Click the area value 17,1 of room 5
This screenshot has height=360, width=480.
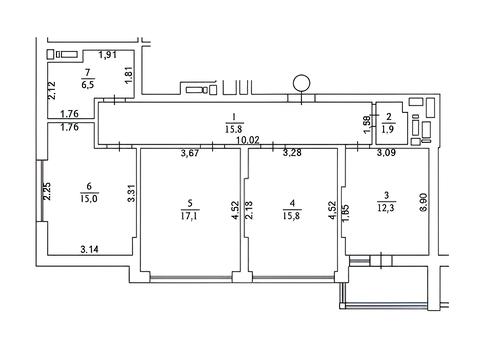pyautogui.click(x=189, y=216)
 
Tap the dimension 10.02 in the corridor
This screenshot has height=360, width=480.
pyautogui.click(x=247, y=140)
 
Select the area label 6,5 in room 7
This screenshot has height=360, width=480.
pyautogui.click(x=88, y=84)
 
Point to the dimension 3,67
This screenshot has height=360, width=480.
pyautogui.click(x=190, y=153)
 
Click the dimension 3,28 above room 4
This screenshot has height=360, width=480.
pyautogui.click(x=292, y=153)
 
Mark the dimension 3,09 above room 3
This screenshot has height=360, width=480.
pyautogui.click(x=386, y=153)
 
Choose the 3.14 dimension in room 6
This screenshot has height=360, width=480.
pyautogui.click(x=89, y=249)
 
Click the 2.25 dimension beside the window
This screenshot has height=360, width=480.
pyautogui.click(x=47, y=191)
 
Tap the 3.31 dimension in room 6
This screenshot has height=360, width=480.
pyautogui.click(x=131, y=193)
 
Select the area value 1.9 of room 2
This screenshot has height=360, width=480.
pyautogui.click(x=388, y=129)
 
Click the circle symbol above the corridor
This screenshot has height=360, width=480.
pyautogui.click(x=301, y=83)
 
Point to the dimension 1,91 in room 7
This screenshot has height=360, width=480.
pyautogui.click(x=108, y=55)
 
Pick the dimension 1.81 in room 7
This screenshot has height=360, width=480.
pyautogui.click(x=129, y=76)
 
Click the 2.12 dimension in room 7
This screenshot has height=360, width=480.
pyautogui.click(x=52, y=90)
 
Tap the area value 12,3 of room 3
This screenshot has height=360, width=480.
pyautogui.click(x=386, y=208)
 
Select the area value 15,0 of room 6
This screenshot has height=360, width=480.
pyautogui.click(x=89, y=199)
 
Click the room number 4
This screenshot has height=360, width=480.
pyautogui.click(x=292, y=203)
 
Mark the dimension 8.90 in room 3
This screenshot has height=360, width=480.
pyautogui.click(x=423, y=202)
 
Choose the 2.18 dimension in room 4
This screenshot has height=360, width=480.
pyautogui.click(x=249, y=210)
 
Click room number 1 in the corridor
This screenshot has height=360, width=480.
pyautogui.click(x=234, y=117)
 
